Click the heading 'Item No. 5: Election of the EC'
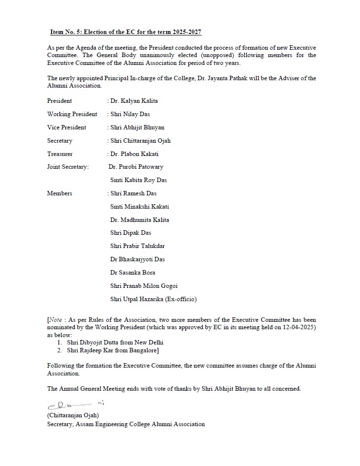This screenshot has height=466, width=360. tap(125, 32)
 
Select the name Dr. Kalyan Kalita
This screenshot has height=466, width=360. tap(134, 101)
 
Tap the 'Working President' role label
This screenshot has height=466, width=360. tap(72, 114)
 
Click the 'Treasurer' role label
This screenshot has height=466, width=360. tap(60, 154)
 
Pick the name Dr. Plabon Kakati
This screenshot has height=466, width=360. tap(134, 154)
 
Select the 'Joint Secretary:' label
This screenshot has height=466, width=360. tap(68, 167)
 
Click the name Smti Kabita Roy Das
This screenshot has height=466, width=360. tap(139, 180)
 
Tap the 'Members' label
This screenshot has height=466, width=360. tap(60, 193)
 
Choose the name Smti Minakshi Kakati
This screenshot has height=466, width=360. tap(140, 207)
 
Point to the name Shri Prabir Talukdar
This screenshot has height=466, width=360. tap(138, 246)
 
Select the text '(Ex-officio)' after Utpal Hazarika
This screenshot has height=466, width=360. tap(180, 299)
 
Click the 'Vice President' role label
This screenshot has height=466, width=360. tap(66, 127)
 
